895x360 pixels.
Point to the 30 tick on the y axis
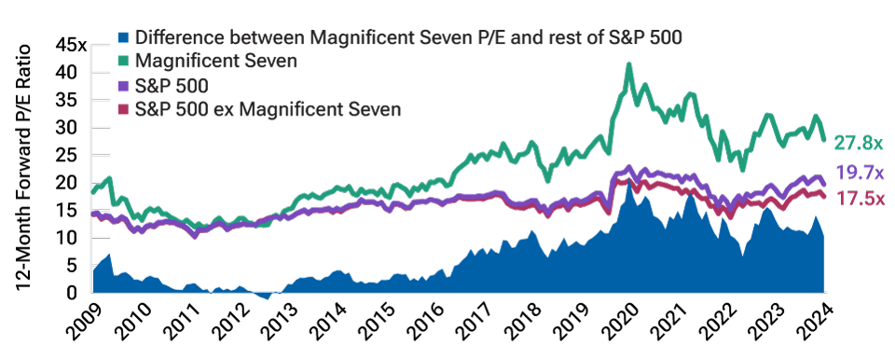point(75,128)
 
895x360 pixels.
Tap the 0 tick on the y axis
point(80,294)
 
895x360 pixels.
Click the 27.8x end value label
point(858,144)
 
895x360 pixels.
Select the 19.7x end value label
point(858,173)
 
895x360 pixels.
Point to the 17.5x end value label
point(858,199)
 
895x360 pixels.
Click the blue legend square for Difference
point(123,38)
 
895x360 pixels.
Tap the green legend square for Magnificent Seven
point(123,62)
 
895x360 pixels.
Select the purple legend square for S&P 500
point(123,87)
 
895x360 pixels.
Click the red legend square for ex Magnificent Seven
point(123,110)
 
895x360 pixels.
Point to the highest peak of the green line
point(629,65)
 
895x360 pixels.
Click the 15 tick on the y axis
point(75,211)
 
